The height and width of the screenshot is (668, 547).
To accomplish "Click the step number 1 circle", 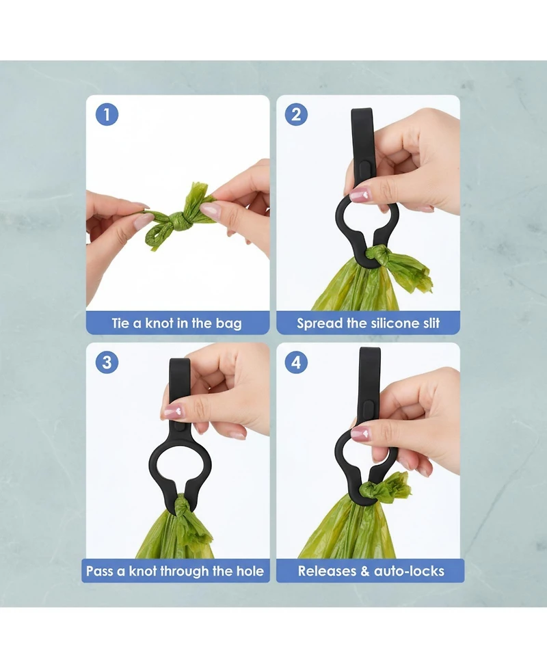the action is pyautogui.click(x=107, y=115).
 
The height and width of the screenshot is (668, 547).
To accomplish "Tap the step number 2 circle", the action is pyautogui.click(x=296, y=115).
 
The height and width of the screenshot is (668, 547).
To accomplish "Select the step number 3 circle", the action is pyautogui.click(x=107, y=362).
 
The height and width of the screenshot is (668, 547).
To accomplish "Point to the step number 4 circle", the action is pyautogui.click(x=296, y=362).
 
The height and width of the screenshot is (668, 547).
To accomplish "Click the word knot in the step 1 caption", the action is pyautogui.click(x=159, y=323).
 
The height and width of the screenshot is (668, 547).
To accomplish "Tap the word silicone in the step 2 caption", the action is pyautogui.click(x=392, y=323).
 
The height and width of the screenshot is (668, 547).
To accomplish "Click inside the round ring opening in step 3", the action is pyautogui.click(x=179, y=463).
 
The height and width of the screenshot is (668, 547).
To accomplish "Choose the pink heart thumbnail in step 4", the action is pyautogui.click(x=361, y=433).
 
